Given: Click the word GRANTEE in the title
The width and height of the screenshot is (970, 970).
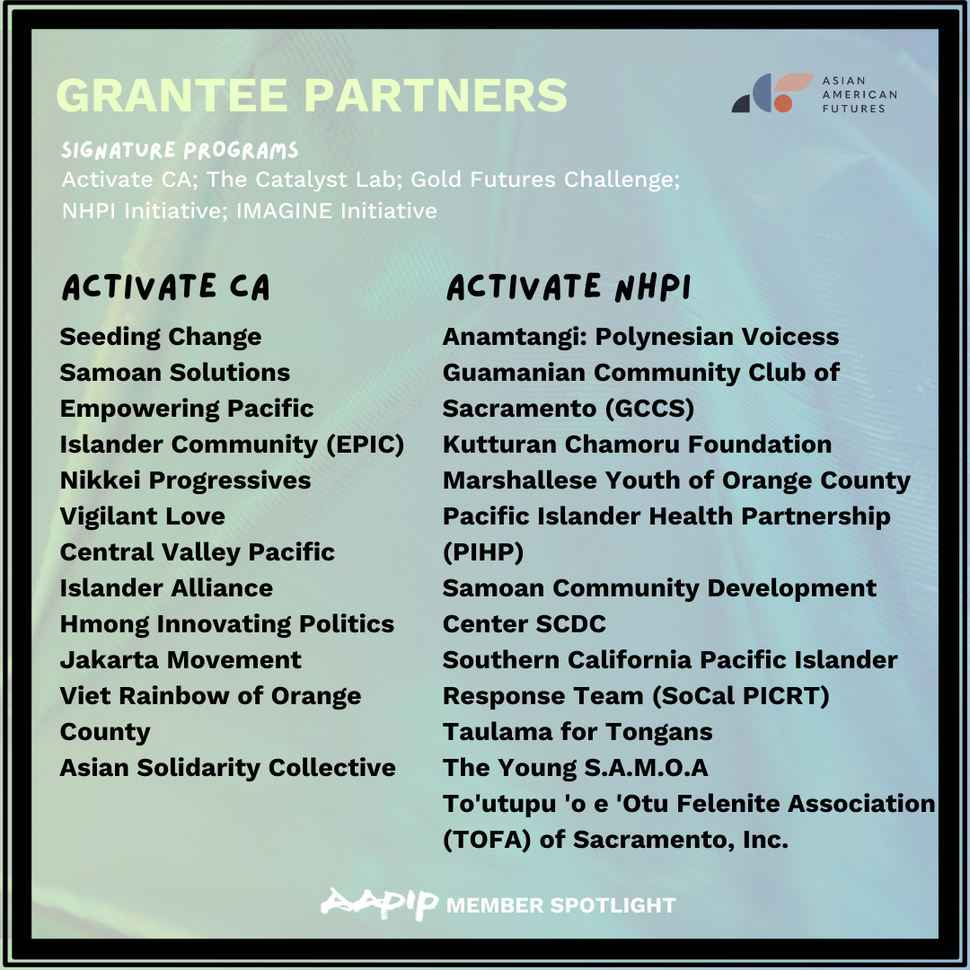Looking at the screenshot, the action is (172, 95).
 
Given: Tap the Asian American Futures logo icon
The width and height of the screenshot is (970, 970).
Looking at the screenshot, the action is (772, 93).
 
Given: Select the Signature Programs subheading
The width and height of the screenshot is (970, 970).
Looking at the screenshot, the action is (180, 150).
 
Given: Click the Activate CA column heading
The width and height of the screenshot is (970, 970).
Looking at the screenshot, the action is (166, 287).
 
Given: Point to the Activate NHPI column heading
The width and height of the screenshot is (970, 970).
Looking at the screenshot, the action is (569, 287).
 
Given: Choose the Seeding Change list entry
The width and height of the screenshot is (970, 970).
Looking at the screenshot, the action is (161, 337).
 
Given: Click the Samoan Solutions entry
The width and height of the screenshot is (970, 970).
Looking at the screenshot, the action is (175, 373).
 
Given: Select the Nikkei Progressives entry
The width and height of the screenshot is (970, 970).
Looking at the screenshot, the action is (186, 481).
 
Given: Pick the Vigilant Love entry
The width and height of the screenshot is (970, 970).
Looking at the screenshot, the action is (143, 516).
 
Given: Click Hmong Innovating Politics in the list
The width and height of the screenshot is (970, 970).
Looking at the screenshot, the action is (227, 624).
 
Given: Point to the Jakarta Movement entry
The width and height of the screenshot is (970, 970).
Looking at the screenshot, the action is (181, 660).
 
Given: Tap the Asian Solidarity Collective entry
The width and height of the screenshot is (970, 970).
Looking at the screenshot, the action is (227, 768).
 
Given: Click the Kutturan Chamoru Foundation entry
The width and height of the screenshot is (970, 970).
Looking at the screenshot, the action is (637, 445).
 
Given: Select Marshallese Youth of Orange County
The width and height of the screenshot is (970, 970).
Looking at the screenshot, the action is (677, 481).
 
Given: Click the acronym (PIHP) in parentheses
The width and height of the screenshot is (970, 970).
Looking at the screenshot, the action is (483, 552).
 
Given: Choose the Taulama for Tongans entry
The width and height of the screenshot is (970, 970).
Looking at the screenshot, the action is (578, 732).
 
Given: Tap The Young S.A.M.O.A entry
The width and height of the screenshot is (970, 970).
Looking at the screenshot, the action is (576, 768).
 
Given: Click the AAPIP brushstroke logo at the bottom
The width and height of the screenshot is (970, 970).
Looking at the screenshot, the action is (380, 904).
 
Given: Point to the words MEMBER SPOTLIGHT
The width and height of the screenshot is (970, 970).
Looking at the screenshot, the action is (561, 905).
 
